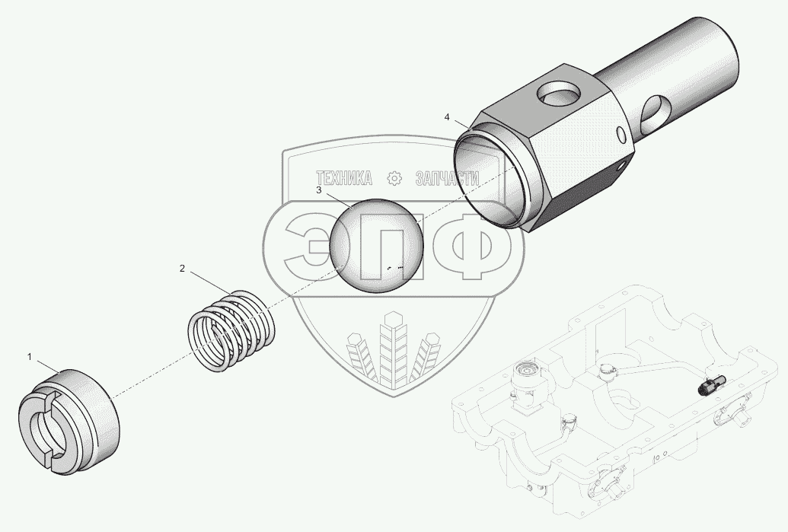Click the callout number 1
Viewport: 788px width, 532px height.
click(29, 357)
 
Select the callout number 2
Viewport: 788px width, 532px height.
click(182, 268)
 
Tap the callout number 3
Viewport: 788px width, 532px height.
click(318, 190)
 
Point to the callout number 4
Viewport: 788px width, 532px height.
click(447, 117)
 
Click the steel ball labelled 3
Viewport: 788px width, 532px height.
click(376, 244)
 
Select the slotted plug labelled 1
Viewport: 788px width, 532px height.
click(69, 421)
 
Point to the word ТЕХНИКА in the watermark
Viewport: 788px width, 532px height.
click(343, 178)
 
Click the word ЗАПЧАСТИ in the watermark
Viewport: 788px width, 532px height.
click(447, 178)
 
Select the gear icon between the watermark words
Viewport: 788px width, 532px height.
click(394, 178)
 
